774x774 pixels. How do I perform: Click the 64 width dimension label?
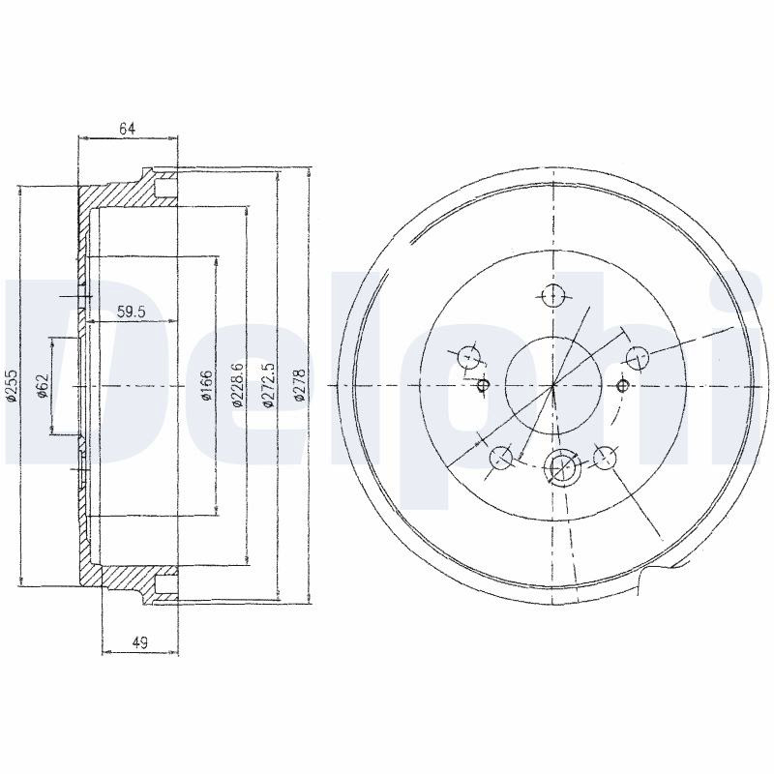click(x=127, y=129)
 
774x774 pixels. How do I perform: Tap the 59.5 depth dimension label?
click(x=131, y=312)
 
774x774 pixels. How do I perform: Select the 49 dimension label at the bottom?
click(x=139, y=642)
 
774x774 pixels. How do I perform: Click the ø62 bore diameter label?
click(x=43, y=385)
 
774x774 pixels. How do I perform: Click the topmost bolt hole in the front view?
click(x=552, y=296)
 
